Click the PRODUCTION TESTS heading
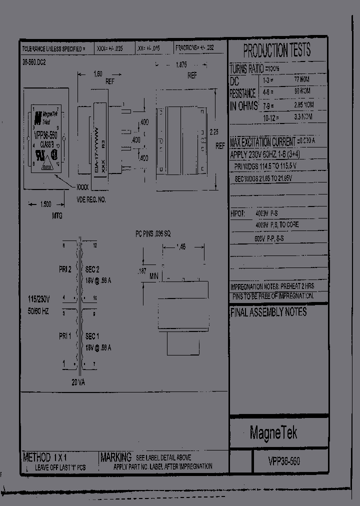coord(276,50)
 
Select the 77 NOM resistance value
coord(302,79)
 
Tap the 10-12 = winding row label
coord(270,117)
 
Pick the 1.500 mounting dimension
coord(45,204)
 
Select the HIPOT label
coord(238,213)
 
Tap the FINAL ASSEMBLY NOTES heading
coord(268,312)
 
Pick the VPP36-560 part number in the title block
coord(284,461)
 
